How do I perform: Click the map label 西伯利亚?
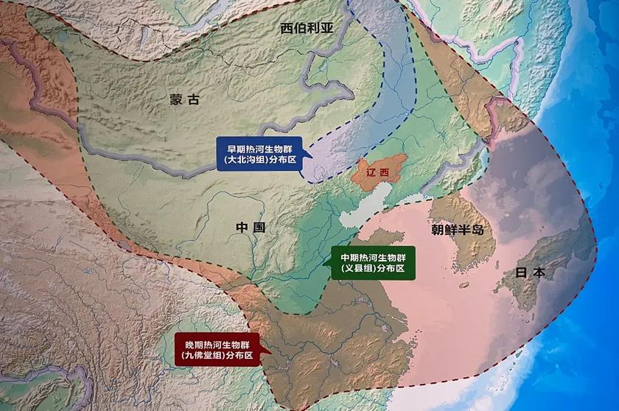coord(307,28)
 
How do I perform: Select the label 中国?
coord(251,228)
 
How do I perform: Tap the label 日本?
coord(531,272)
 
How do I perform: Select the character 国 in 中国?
coord(259,228)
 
